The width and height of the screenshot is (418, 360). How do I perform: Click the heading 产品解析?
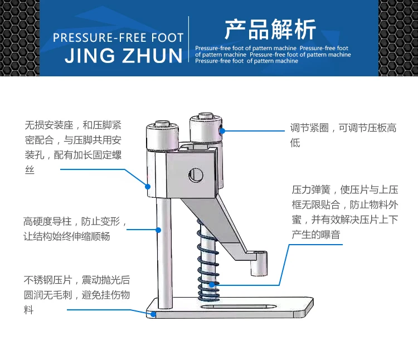pos(270,29)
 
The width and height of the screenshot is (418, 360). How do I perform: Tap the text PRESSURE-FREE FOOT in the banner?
pos(118,38)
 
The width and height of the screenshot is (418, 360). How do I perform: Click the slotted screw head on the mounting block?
pos(195,175)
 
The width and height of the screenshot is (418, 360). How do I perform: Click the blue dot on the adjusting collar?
pos(221,130)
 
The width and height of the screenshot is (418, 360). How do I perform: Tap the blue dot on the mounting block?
pos(148,186)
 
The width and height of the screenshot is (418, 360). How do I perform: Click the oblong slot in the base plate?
pos(237,306)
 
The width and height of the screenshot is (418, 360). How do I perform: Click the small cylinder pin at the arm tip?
pos(256,265)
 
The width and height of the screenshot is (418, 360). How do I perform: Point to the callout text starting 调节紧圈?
pos(343,135)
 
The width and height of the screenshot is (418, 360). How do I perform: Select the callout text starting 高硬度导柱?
pos(75,228)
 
